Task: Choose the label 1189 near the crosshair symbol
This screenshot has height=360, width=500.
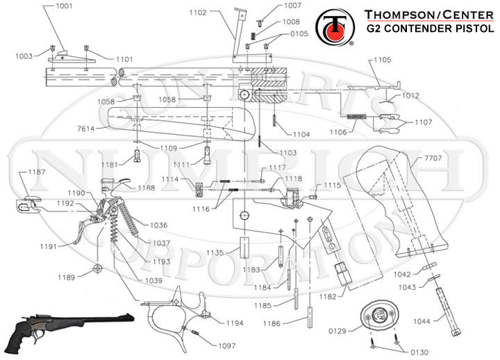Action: (x=67, y=277)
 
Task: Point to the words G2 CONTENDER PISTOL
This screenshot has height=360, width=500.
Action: (x=430, y=30)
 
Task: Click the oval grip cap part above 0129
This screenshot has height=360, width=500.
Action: (x=378, y=315)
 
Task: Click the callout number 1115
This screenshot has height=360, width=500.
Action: (x=332, y=186)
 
